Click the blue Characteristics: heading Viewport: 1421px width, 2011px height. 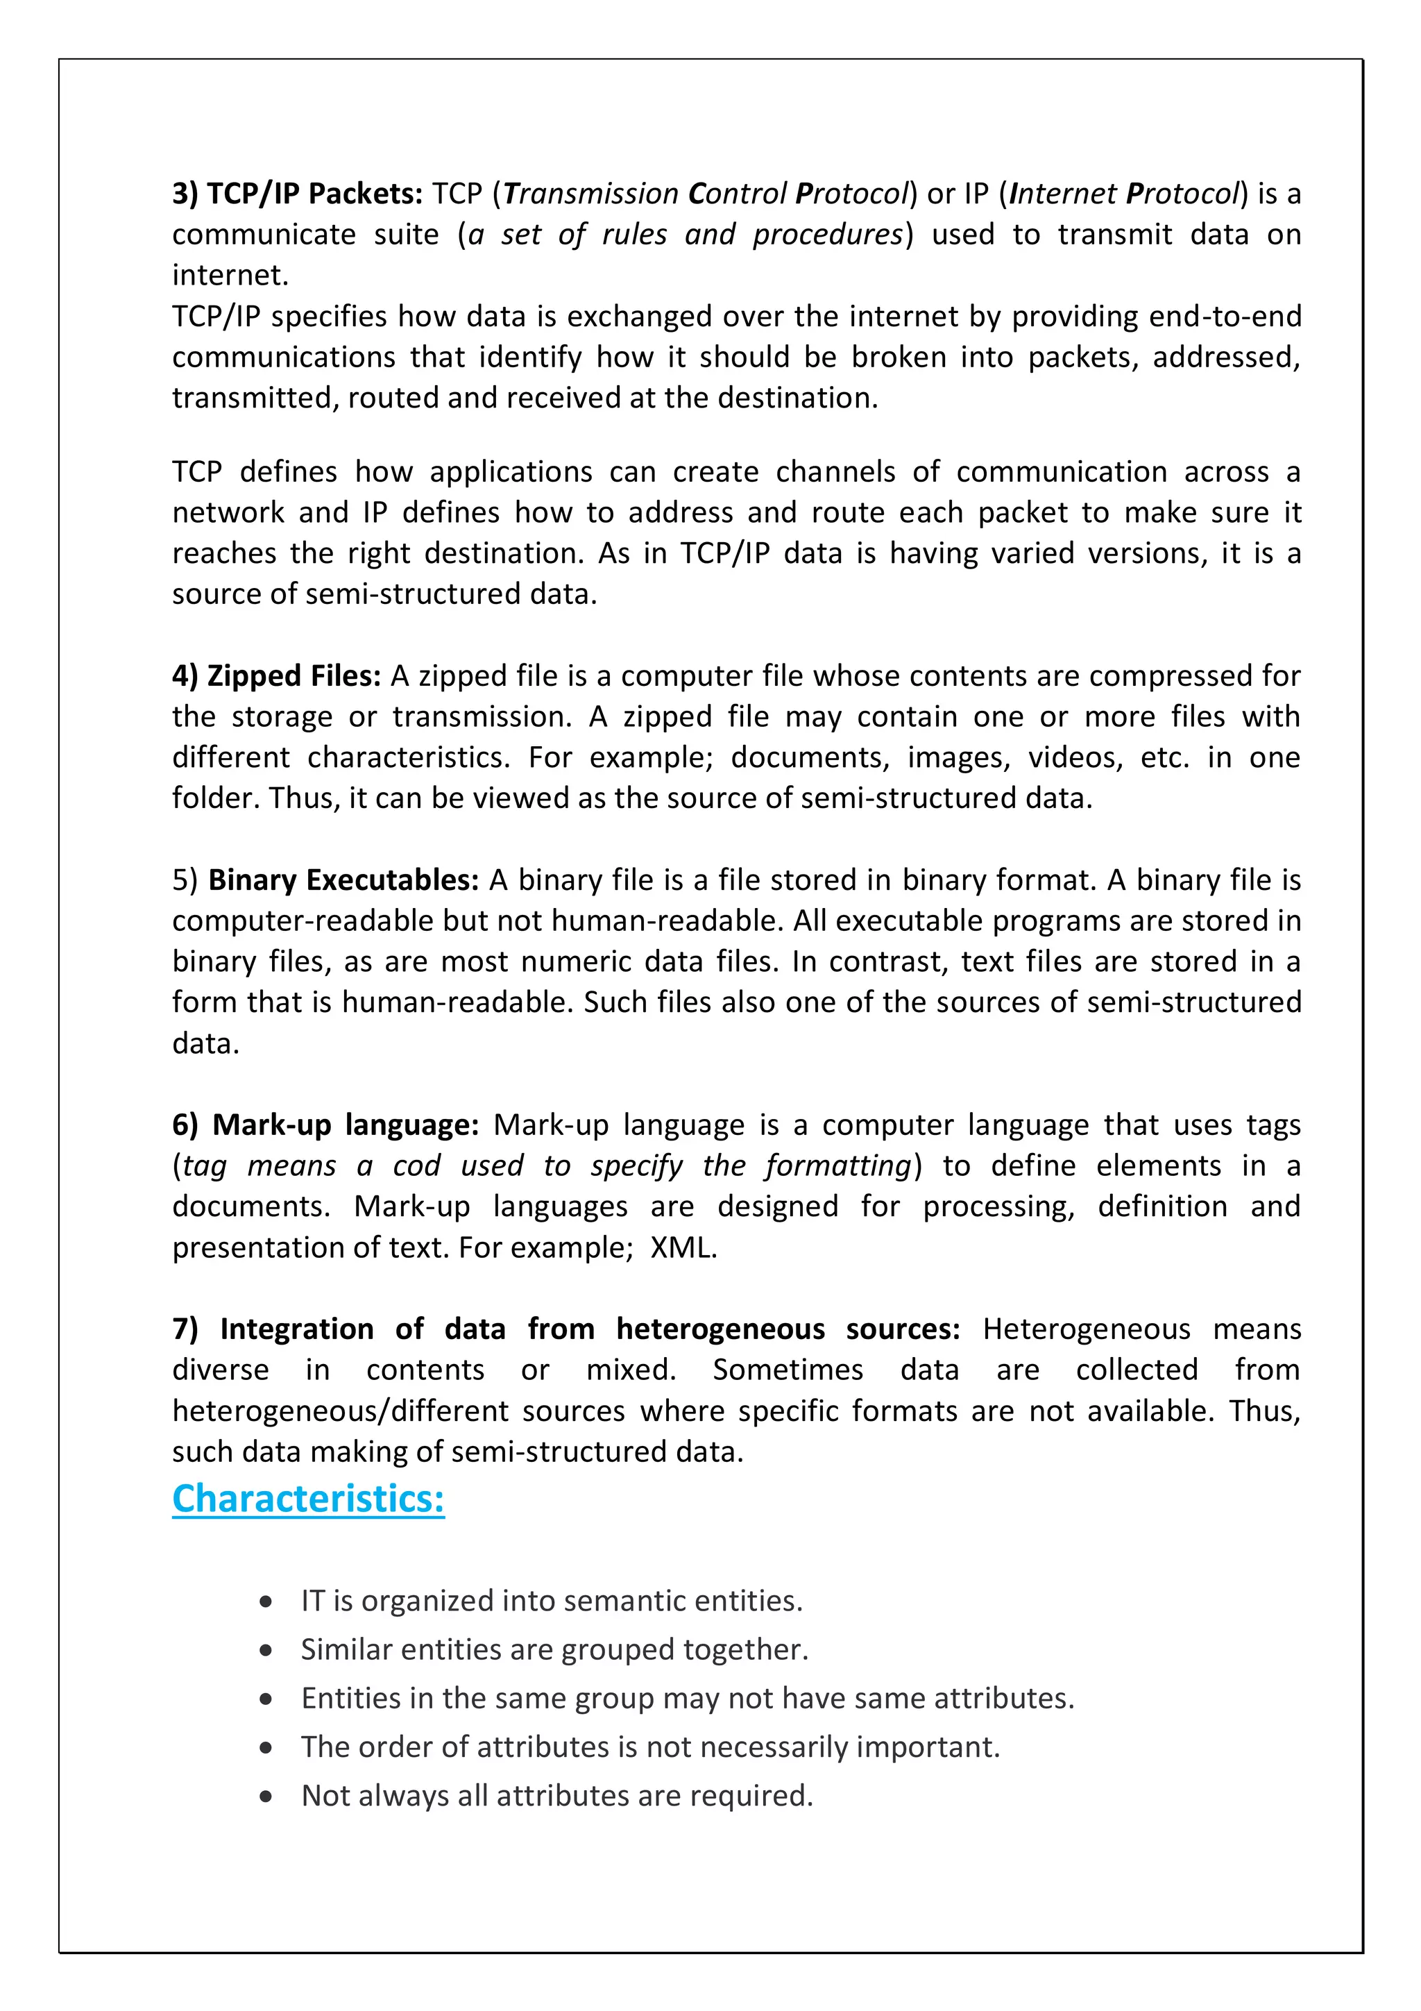[308, 1499]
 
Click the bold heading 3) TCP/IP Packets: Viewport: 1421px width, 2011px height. [298, 194]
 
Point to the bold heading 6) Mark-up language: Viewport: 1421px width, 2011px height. [325, 1125]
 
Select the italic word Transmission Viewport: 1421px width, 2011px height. [591, 194]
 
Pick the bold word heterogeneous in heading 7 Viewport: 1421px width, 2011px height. [720, 1329]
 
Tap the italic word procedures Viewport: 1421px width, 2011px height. [827, 235]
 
